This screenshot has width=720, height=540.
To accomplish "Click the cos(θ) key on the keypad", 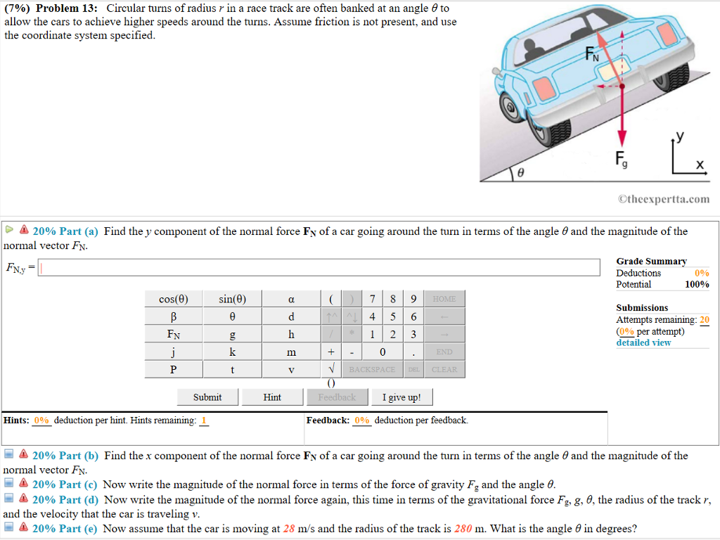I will (x=174, y=299).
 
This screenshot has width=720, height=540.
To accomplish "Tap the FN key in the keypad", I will (x=174, y=334).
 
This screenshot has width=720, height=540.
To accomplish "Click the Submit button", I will (x=207, y=397).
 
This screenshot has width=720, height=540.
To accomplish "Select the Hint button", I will (x=272, y=397).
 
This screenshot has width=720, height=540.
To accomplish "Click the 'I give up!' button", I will (x=401, y=397).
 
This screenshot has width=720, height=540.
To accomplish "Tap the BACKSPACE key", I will (x=373, y=369).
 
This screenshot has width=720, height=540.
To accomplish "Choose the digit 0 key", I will (x=382, y=352).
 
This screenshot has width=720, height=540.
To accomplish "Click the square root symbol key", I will (x=329, y=369).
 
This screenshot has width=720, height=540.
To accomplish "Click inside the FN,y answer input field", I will (x=316, y=267).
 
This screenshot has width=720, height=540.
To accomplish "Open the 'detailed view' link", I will (x=643, y=342).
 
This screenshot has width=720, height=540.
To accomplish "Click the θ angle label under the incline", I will (x=521, y=172).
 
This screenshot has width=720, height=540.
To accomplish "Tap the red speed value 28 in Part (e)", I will (x=290, y=529).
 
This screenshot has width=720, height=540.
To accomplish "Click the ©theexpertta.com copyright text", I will (x=664, y=199).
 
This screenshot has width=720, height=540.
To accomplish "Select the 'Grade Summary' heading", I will (x=651, y=261).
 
